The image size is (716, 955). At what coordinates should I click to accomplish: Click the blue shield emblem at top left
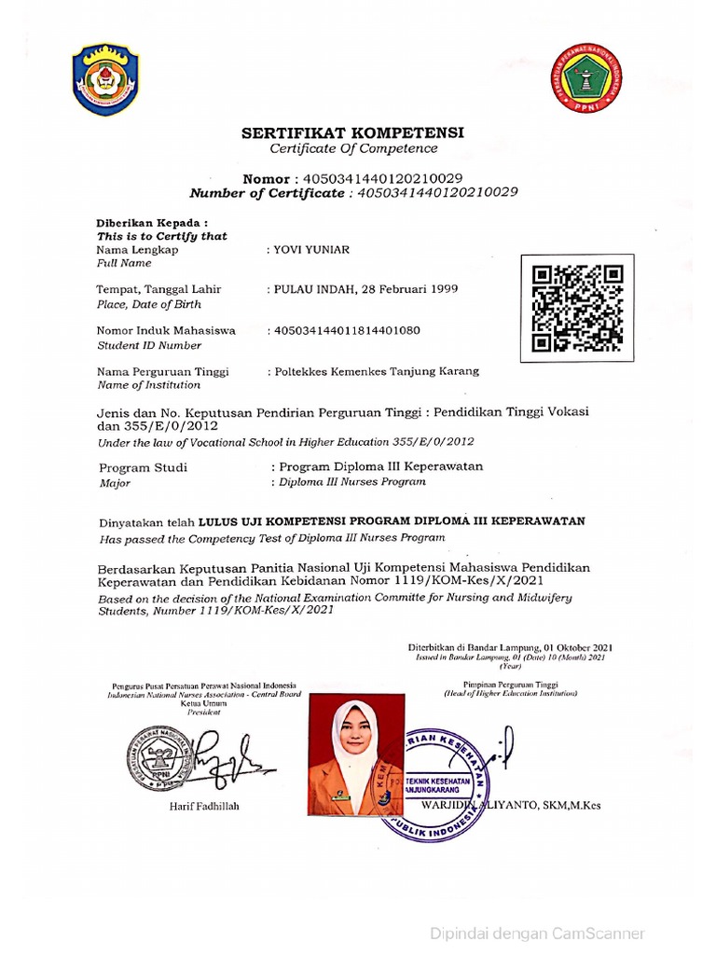coord(107,79)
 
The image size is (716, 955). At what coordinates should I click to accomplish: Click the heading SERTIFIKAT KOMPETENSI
coord(353,132)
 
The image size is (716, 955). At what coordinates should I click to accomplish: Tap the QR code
coord(577,309)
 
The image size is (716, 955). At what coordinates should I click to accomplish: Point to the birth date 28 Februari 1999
coord(410,289)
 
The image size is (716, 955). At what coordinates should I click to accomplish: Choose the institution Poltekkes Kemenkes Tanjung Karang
coord(377,370)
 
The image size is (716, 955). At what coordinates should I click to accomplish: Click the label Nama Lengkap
coord(137,250)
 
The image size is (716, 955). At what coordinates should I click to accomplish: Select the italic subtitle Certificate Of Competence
coord(353,149)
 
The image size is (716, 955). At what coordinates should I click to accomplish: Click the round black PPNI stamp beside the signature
coord(161,757)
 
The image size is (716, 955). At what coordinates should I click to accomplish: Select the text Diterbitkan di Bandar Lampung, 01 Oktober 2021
coord(510,647)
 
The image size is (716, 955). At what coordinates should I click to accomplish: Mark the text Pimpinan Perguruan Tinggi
coord(510,684)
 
